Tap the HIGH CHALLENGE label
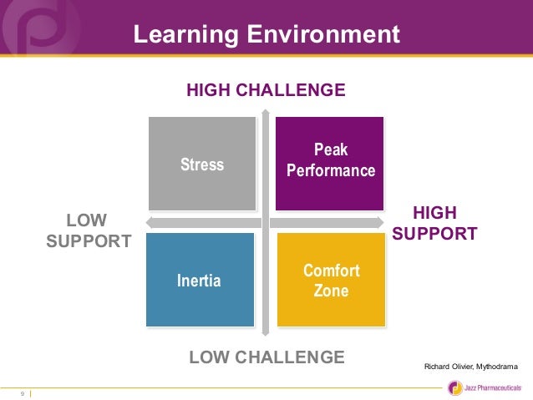click(266, 89)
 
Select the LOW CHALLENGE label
click(266, 357)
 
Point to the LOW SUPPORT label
click(89, 231)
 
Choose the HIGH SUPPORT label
click(434, 223)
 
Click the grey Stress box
click(202, 164)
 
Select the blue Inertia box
click(200, 280)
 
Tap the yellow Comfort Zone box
click(331, 281)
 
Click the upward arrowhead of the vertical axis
click(266, 114)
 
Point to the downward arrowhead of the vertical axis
click(266, 331)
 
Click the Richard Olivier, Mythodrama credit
click(471, 366)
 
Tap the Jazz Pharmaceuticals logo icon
click(454, 387)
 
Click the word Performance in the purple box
click(331, 170)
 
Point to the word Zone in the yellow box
click(331, 291)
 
